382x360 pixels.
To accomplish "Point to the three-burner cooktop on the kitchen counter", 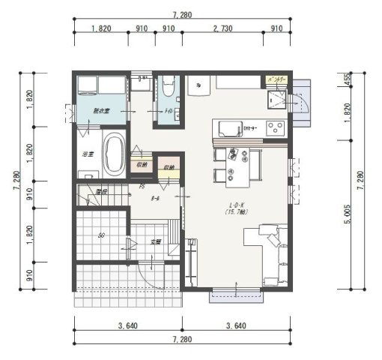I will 275,124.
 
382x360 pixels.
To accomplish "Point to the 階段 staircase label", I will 91,192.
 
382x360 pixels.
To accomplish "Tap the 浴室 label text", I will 87,154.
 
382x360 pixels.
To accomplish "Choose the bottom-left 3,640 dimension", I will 127,326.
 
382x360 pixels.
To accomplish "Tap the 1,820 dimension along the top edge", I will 101,28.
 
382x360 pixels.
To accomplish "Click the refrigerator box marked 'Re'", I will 197,84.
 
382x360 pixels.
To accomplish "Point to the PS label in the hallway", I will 142,187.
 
